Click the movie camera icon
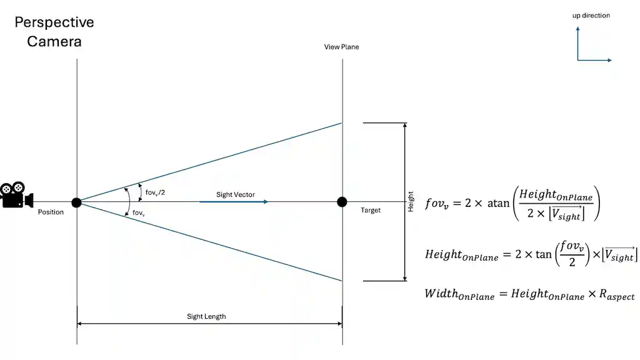click(x=17, y=194)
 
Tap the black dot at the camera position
click(x=76, y=202)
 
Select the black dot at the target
click(x=342, y=202)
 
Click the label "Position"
click(x=51, y=212)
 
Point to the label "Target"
click(x=371, y=211)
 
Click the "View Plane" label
click(x=341, y=47)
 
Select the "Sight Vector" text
click(x=236, y=194)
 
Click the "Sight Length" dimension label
click(x=206, y=316)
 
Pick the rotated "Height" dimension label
click(x=411, y=201)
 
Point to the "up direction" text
click(x=591, y=16)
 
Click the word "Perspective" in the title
click(x=54, y=22)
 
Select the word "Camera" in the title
click(x=54, y=42)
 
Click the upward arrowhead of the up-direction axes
click(x=578, y=29)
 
